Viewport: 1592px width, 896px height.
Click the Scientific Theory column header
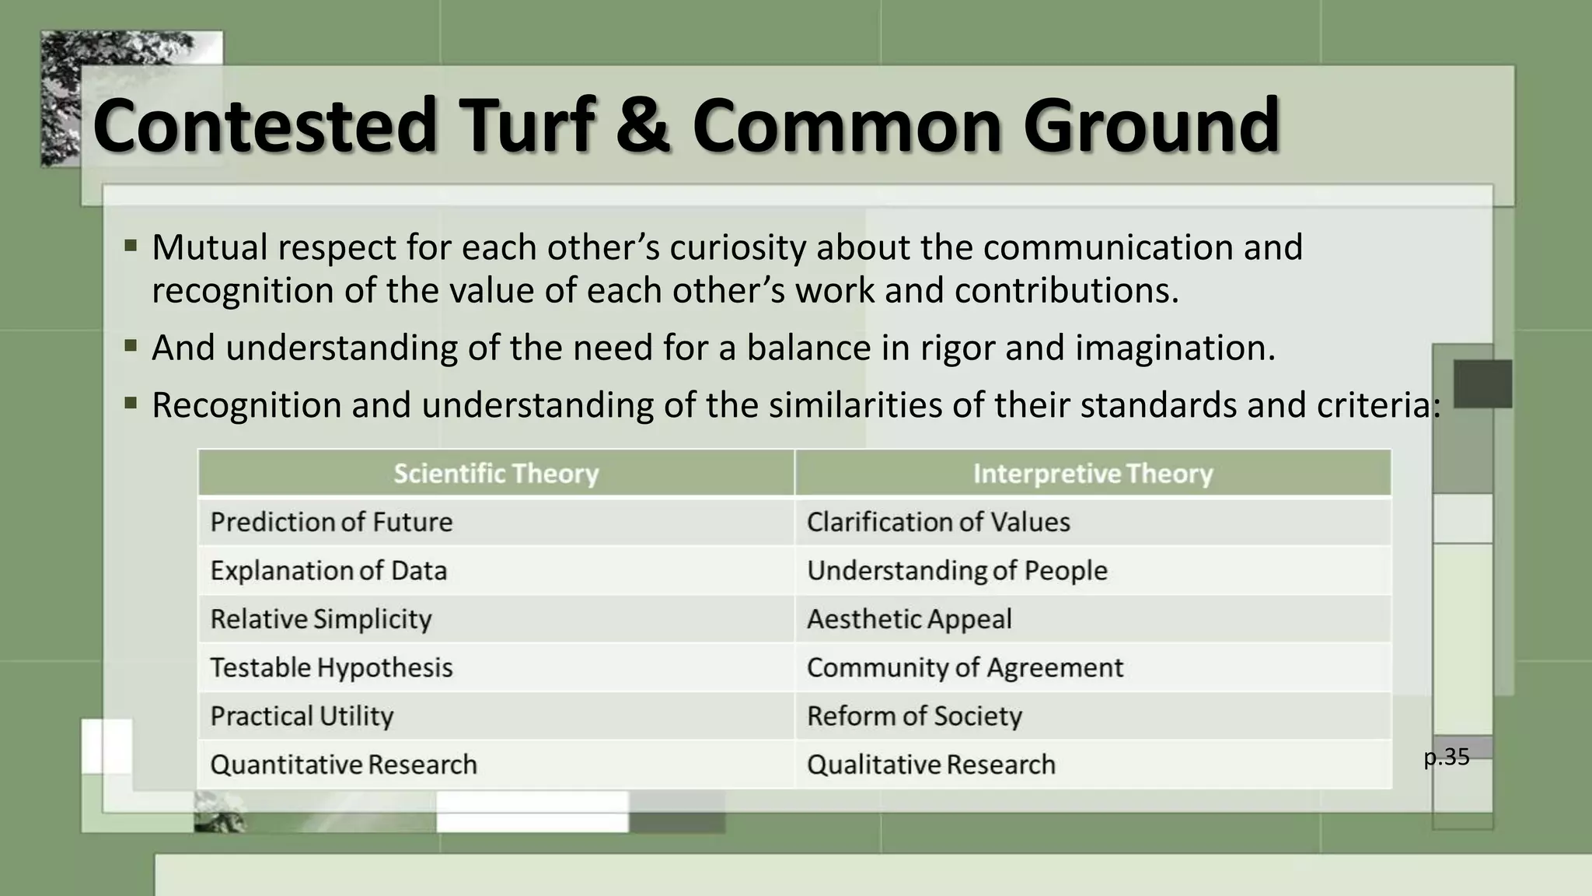coord(496,474)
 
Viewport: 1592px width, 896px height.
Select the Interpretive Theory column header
coord(1092,474)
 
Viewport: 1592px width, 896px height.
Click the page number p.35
coord(1447,757)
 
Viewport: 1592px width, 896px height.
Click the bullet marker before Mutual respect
coord(131,247)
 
